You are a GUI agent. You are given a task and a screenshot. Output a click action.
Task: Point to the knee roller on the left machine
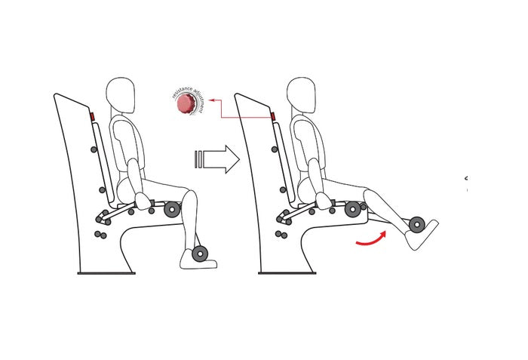(172, 210)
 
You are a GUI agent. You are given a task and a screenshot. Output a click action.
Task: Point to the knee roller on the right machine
(353, 210)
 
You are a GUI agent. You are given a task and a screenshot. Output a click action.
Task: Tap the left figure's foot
(197, 261)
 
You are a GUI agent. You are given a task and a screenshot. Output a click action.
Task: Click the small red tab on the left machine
(92, 118)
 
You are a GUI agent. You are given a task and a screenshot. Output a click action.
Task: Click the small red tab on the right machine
(273, 118)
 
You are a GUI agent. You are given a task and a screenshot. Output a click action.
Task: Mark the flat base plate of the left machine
(106, 273)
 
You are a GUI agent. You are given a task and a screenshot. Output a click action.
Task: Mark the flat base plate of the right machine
(287, 273)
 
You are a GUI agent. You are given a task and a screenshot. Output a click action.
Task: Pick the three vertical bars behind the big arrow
(198, 159)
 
